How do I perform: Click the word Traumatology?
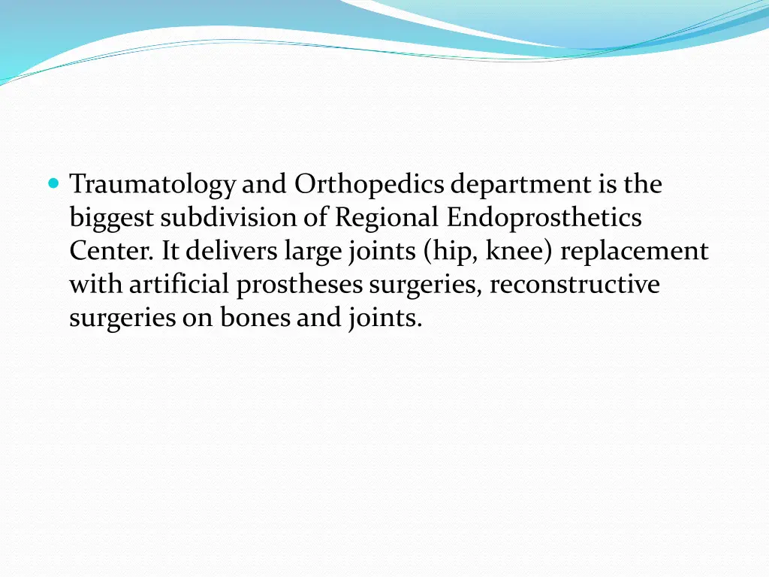coord(152,185)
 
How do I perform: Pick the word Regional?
coord(387,219)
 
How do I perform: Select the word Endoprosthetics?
coord(544,218)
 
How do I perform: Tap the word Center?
coord(112,252)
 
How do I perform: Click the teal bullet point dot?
coord(53,183)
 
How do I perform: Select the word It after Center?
coord(170,252)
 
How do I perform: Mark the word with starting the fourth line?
coord(96,285)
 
